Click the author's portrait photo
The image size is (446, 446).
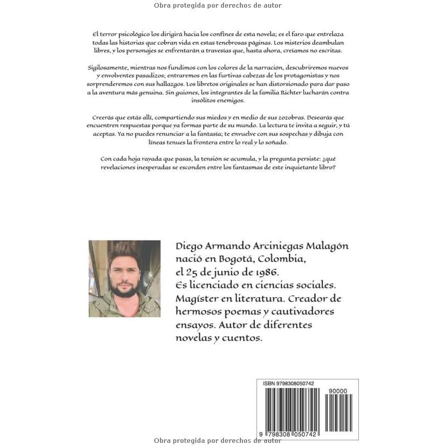[x=125, y=278]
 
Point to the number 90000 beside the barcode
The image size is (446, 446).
[x=336, y=391]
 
